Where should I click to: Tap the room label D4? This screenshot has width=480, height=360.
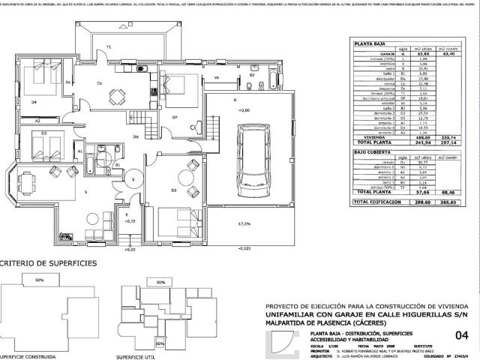(x=34, y=102)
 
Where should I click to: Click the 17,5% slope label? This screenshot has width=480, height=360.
(x=244, y=224)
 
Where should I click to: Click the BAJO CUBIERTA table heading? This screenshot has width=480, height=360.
(x=371, y=151)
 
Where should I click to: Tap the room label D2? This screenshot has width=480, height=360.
(x=173, y=190)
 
